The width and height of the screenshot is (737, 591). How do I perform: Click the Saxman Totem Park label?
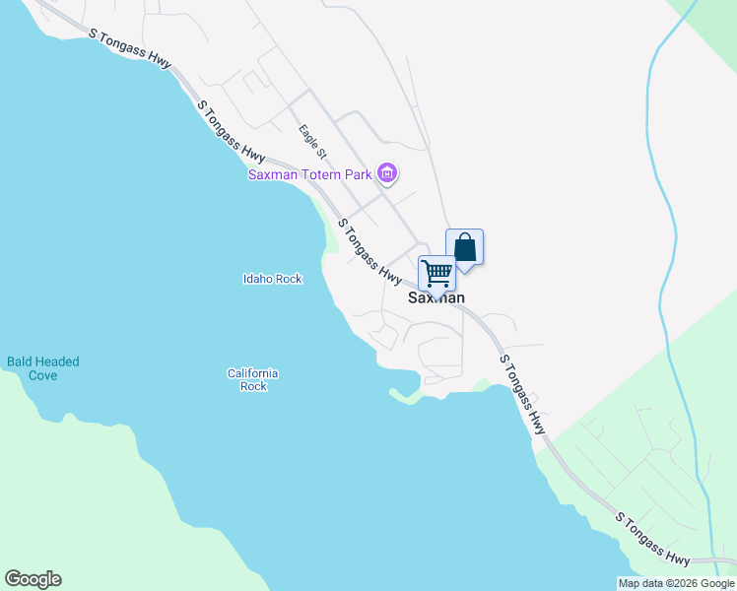point(308,175)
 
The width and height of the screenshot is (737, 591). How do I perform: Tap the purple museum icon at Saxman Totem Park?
point(387,175)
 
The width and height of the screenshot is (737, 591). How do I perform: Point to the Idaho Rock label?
point(272,279)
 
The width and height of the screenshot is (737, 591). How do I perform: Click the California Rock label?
point(253,379)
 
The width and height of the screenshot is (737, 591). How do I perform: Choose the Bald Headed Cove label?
point(43,367)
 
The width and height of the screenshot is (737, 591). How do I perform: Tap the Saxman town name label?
point(435,297)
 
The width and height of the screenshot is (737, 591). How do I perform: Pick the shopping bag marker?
point(465,247)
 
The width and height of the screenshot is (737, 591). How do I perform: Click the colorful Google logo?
point(33,579)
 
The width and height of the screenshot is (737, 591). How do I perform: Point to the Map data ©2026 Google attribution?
point(676,583)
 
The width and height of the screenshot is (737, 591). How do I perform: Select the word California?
point(253,373)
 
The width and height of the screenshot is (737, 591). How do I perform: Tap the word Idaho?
point(257,279)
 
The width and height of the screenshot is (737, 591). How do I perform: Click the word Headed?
point(56,361)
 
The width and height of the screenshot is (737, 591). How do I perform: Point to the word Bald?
point(20,361)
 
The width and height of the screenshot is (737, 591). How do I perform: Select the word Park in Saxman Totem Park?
point(357,175)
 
